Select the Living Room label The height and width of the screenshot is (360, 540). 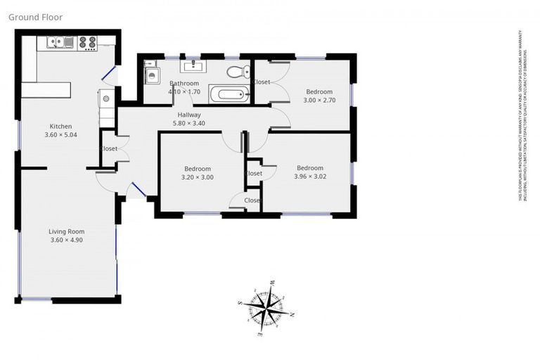click(x=66, y=231)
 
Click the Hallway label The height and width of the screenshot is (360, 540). click(x=189, y=115)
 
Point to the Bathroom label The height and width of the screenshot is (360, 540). click(x=184, y=84)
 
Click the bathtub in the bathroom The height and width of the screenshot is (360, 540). click(x=229, y=94)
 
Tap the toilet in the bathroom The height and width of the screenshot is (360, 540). click(x=237, y=72)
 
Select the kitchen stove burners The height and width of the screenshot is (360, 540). click(x=87, y=43)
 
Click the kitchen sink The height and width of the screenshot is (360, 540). click(x=60, y=43)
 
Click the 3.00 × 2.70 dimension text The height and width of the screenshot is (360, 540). click(x=319, y=101)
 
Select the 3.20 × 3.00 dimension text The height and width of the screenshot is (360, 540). click(x=198, y=177)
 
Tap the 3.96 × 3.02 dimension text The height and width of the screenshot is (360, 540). click(x=309, y=176)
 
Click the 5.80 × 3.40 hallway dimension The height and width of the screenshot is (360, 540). click(x=188, y=124)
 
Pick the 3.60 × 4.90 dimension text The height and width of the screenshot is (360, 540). click(x=67, y=240)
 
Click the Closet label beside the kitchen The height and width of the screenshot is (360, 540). click(x=109, y=148)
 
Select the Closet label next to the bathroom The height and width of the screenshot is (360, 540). click(x=262, y=82)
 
